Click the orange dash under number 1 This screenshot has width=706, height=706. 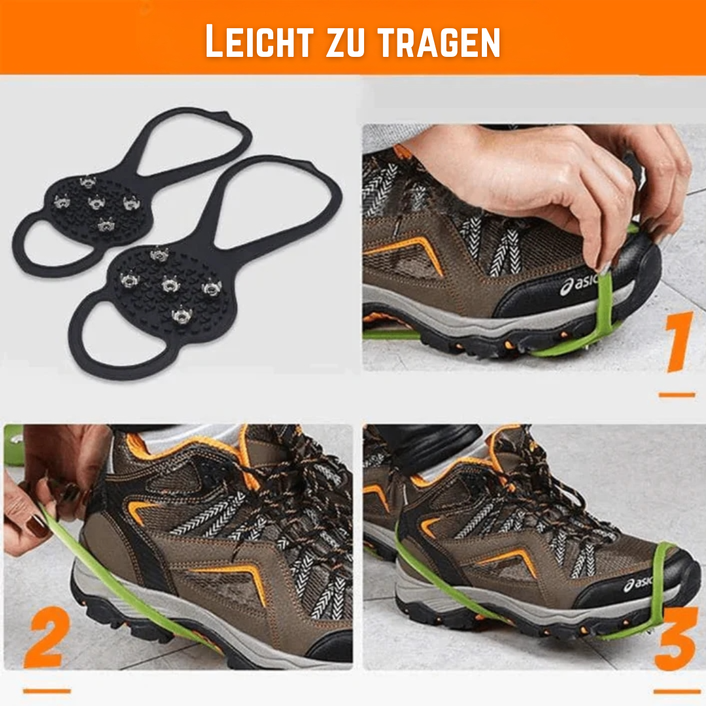click(x=677, y=395)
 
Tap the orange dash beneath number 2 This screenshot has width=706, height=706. click(x=46, y=690)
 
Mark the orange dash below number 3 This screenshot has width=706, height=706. click(x=677, y=691)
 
